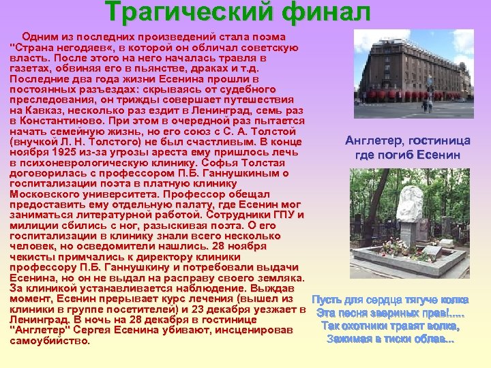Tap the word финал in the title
click(x=320, y=12)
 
